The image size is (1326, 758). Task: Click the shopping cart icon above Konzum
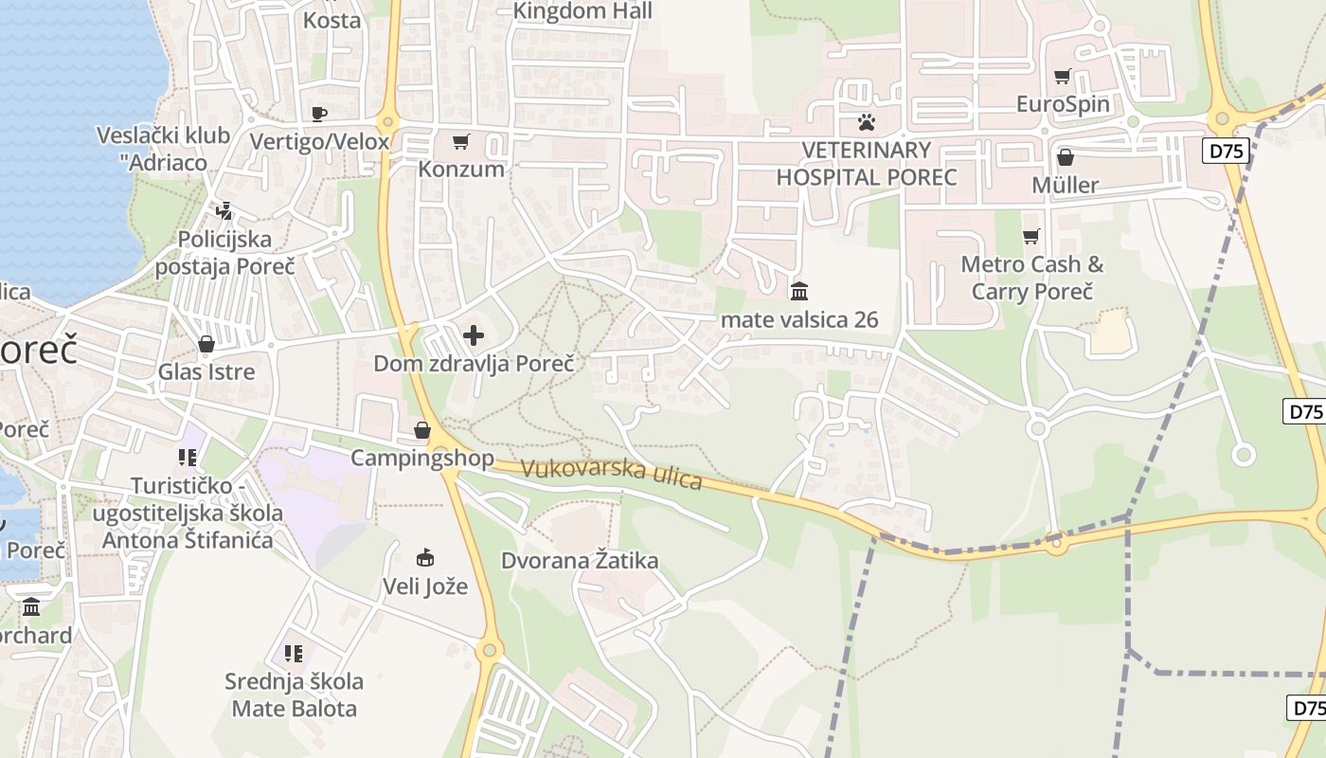click(x=460, y=142)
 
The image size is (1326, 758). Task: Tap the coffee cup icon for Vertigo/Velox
click(x=319, y=115)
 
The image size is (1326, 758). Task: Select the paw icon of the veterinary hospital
click(x=866, y=122)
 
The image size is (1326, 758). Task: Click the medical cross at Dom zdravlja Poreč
click(x=473, y=335)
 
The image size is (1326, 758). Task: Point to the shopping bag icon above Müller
click(x=1066, y=157)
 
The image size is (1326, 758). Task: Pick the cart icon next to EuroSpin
click(x=1063, y=76)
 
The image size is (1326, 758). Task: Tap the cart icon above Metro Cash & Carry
click(x=1030, y=236)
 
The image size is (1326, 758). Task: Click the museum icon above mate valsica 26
click(x=799, y=291)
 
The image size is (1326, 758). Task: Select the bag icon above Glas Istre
click(x=206, y=344)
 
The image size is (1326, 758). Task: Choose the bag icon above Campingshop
click(x=422, y=431)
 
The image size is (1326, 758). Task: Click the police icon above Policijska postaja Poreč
click(x=224, y=211)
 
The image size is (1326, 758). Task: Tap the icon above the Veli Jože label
click(x=425, y=558)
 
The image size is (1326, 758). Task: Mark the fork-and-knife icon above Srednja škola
click(x=294, y=653)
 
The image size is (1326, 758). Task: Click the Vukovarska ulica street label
click(x=611, y=474)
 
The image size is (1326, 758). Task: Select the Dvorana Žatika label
click(x=580, y=560)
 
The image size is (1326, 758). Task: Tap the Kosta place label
click(x=331, y=20)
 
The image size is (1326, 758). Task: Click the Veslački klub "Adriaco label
click(x=164, y=149)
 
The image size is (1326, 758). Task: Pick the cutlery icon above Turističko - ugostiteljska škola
click(x=188, y=458)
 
